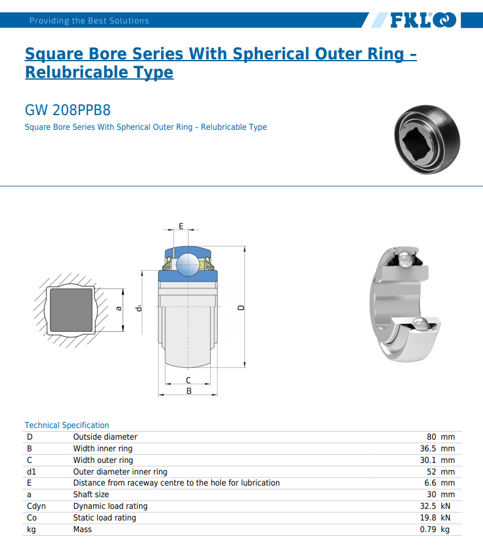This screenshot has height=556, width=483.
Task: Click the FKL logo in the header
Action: coord(422,20)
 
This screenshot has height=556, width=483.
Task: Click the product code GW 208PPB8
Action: coord(67,110)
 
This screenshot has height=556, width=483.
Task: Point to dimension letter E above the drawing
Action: coord(181,226)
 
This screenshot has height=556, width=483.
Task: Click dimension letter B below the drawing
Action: coord(189,391)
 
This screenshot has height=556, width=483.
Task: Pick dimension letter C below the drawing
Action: coord(189,380)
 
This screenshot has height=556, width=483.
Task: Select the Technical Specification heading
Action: coord(67,425)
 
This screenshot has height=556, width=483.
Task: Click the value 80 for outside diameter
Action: coord(432,437)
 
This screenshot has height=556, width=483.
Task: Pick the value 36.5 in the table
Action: coord(427,449)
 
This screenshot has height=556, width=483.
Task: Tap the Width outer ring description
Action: coord(103,460)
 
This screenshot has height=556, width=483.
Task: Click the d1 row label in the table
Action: coord(32,472)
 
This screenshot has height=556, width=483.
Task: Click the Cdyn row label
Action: coord(36,506)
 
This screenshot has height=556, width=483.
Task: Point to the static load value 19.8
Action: coord(427,518)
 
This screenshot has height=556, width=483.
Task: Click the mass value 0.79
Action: coord(427,530)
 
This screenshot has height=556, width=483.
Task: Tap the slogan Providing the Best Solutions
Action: coord(89,21)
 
